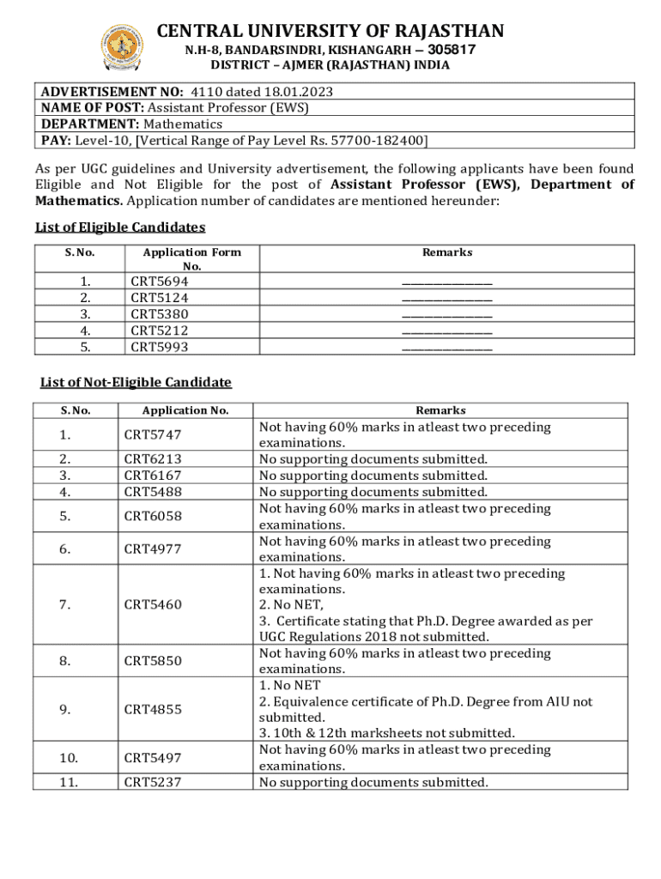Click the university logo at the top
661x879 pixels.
click(123, 47)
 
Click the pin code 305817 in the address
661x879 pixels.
click(451, 50)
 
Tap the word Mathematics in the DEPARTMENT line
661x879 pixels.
click(183, 124)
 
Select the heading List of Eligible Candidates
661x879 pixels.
click(120, 227)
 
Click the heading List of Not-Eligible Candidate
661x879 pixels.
click(136, 382)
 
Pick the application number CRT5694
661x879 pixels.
click(159, 282)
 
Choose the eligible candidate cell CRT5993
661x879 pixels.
click(159, 347)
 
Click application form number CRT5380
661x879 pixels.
click(159, 314)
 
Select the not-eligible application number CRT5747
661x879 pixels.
click(153, 435)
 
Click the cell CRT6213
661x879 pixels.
click(153, 459)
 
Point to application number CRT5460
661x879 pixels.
click(153, 605)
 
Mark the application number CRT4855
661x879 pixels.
click(153, 710)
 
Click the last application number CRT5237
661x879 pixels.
click(153, 782)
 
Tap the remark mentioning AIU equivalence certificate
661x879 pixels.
click(425, 709)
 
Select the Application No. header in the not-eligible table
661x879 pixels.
click(185, 411)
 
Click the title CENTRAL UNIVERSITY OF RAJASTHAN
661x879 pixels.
click(330, 32)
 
